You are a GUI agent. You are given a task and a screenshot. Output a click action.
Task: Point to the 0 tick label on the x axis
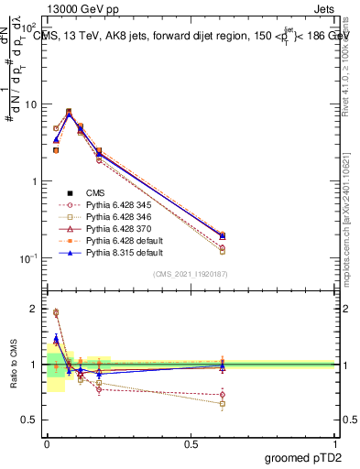click(46, 442)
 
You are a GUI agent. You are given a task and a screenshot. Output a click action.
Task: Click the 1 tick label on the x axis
click(334, 442)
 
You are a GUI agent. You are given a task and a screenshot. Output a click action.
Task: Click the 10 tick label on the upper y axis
click(32, 104)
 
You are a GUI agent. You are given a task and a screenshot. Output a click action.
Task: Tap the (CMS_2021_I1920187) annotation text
click(190, 274)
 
